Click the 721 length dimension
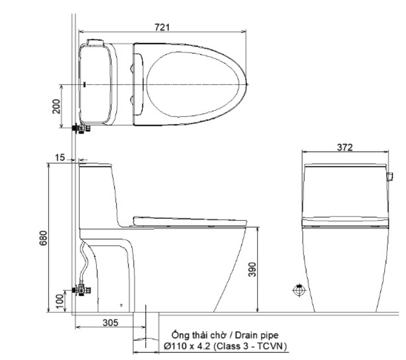(x=162, y=27)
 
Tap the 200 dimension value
(x=56, y=107)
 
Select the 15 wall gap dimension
(x=60, y=157)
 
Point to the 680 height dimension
(x=44, y=238)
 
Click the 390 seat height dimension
(x=252, y=269)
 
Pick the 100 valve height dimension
(x=60, y=301)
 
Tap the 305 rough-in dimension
(x=111, y=323)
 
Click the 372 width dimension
(x=345, y=148)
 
